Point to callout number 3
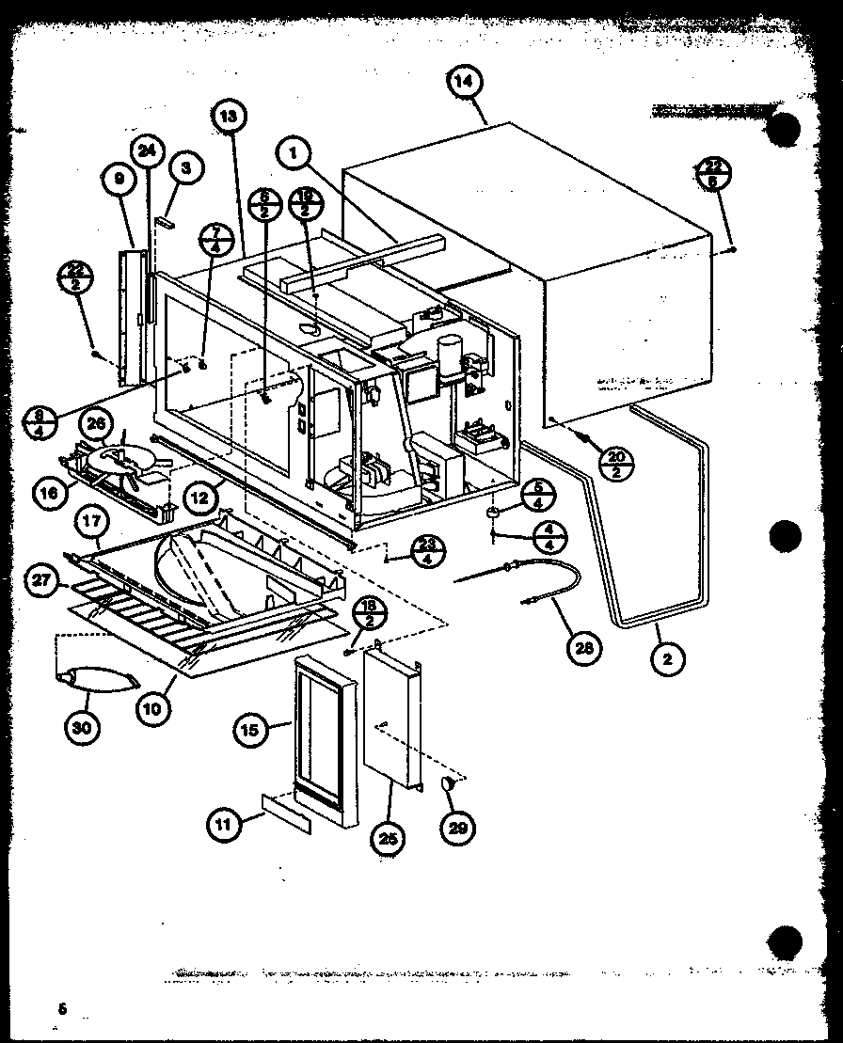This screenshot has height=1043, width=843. (x=186, y=168)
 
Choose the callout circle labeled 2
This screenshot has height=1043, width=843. (x=667, y=659)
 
